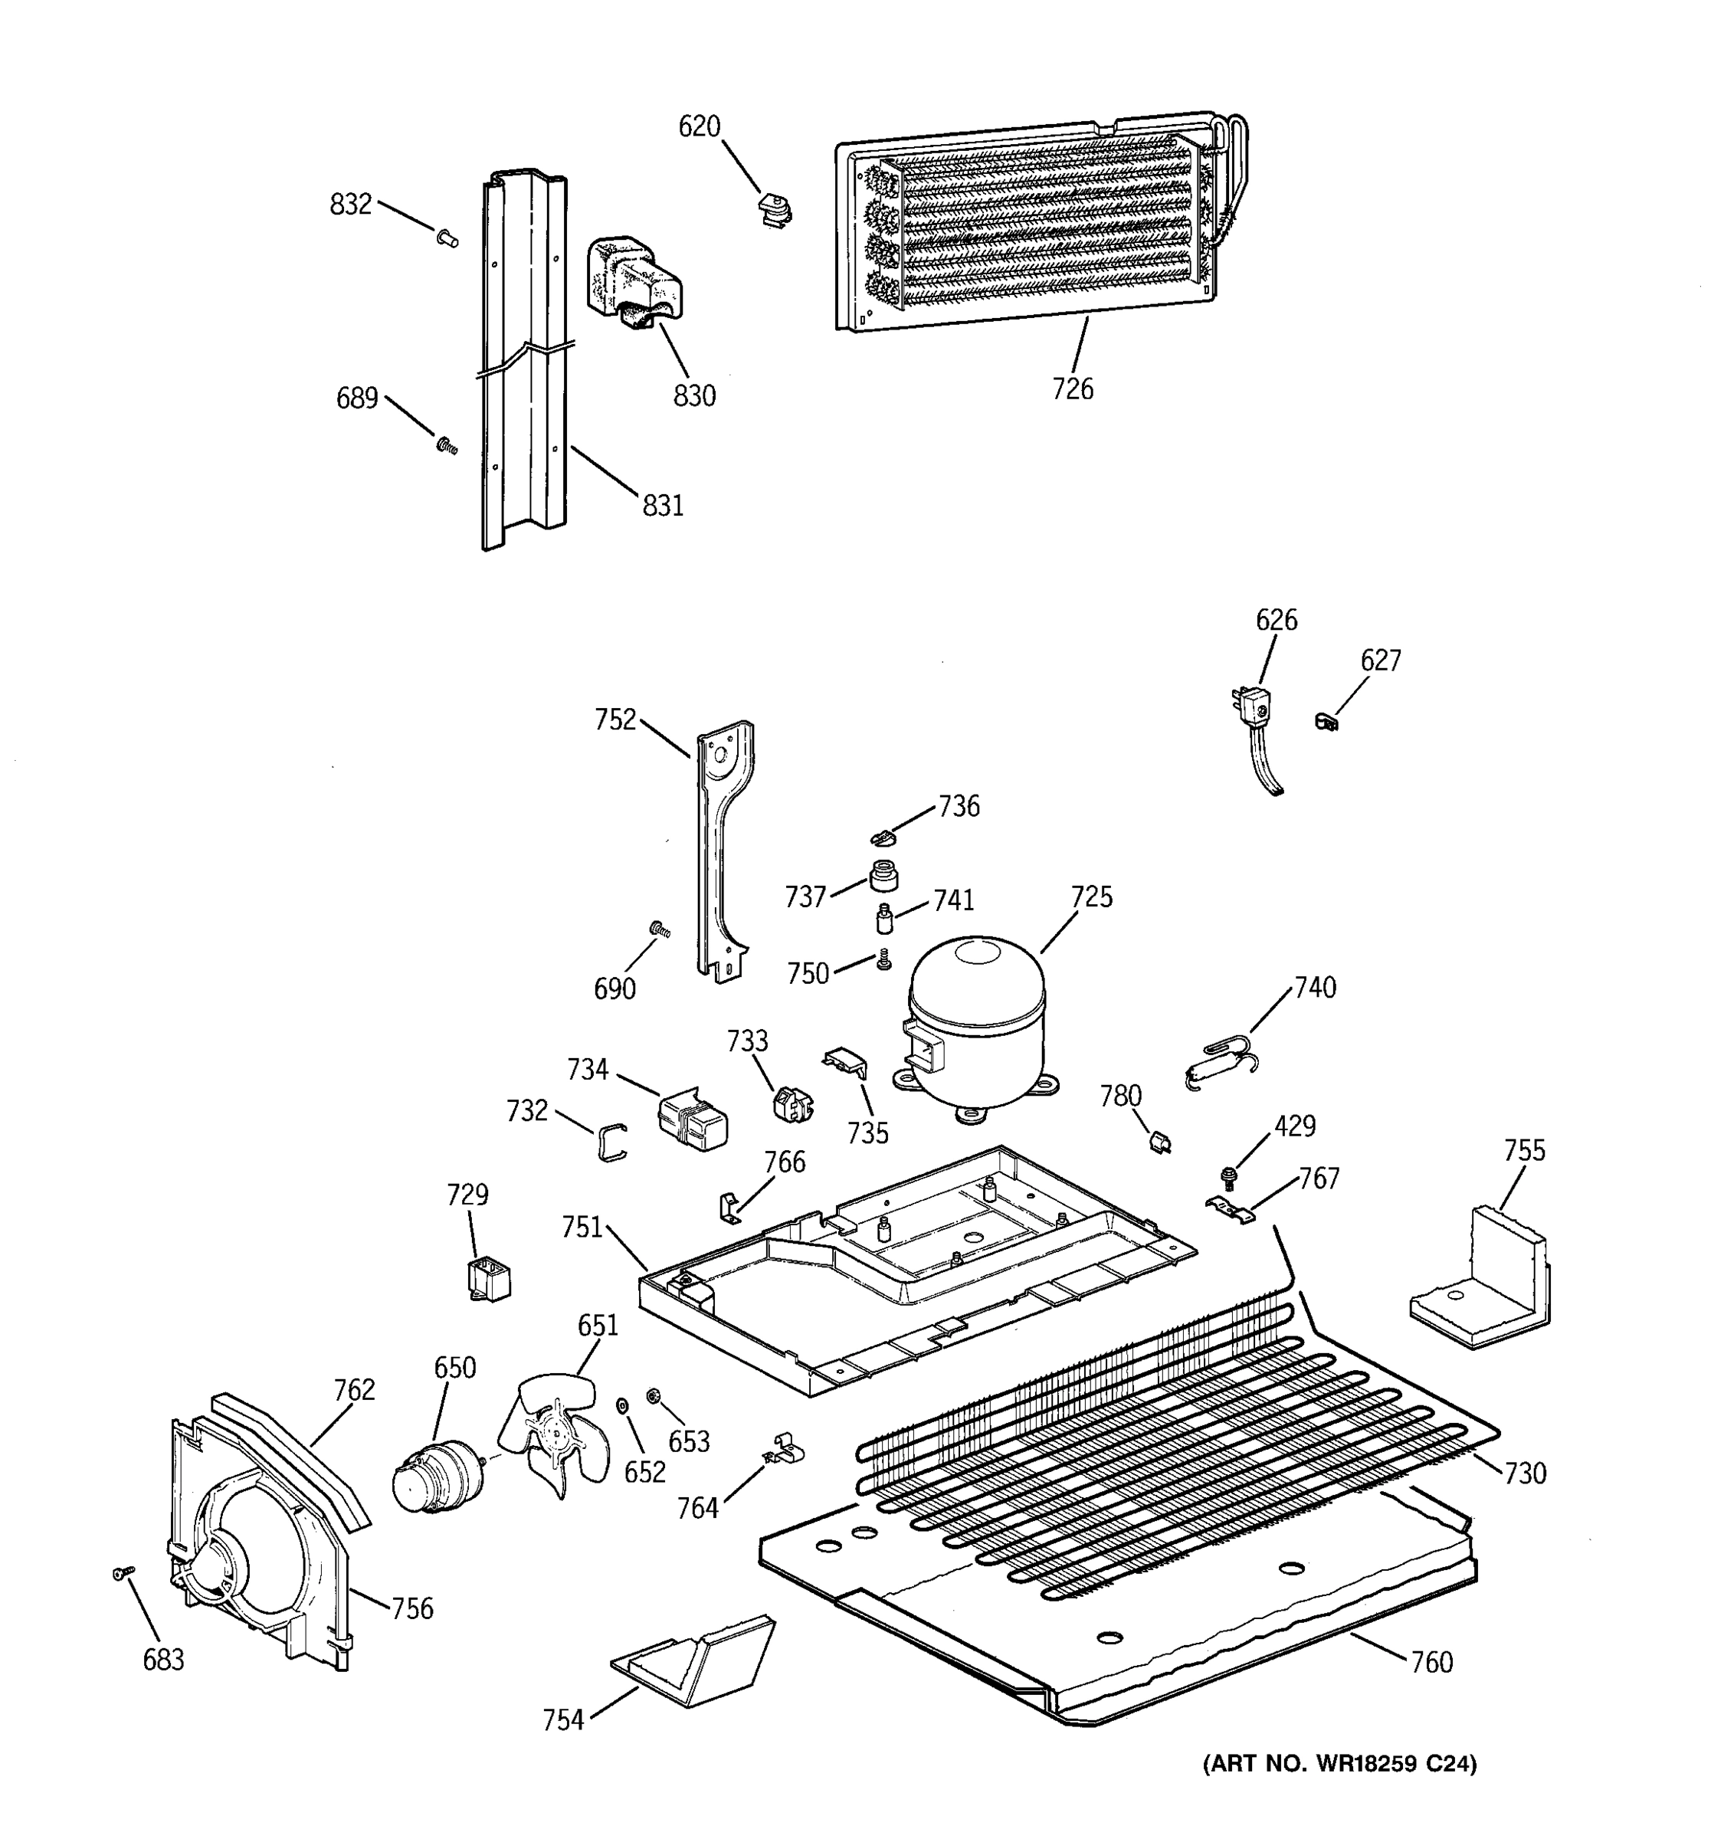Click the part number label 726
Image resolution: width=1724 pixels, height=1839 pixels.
tap(1072, 389)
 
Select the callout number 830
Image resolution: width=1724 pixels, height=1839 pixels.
tap(693, 396)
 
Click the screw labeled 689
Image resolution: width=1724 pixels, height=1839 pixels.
tap(447, 446)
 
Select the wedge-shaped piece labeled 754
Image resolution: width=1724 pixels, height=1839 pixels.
tap(693, 1668)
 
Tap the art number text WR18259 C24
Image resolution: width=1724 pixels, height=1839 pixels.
tap(1339, 1764)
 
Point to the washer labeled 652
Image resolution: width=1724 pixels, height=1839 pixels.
tap(621, 1407)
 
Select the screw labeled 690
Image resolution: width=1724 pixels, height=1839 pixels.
tap(660, 928)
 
